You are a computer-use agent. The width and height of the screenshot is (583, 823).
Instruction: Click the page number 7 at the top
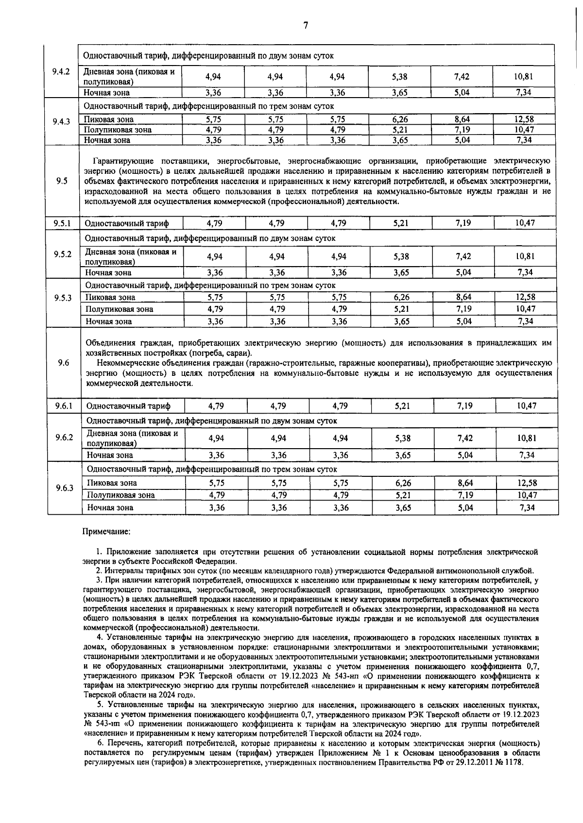pos(305,26)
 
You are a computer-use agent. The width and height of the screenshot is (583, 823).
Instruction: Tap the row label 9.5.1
pos(62,223)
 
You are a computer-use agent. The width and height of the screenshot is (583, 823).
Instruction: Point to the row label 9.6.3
pos(64,488)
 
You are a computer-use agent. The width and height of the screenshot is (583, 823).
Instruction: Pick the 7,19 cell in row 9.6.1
pos(465,405)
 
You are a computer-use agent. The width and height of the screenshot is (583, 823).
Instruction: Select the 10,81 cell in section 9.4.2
pos(524,77)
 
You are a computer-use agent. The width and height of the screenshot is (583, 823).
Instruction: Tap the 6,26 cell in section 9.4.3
pos(400,119)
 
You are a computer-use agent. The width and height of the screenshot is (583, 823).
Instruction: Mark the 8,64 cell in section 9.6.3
pos(465,483)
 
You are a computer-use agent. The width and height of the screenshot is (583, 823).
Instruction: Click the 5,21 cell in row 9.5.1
pos(401,223)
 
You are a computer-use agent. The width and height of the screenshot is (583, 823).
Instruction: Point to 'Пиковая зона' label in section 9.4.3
pos(109,119)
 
